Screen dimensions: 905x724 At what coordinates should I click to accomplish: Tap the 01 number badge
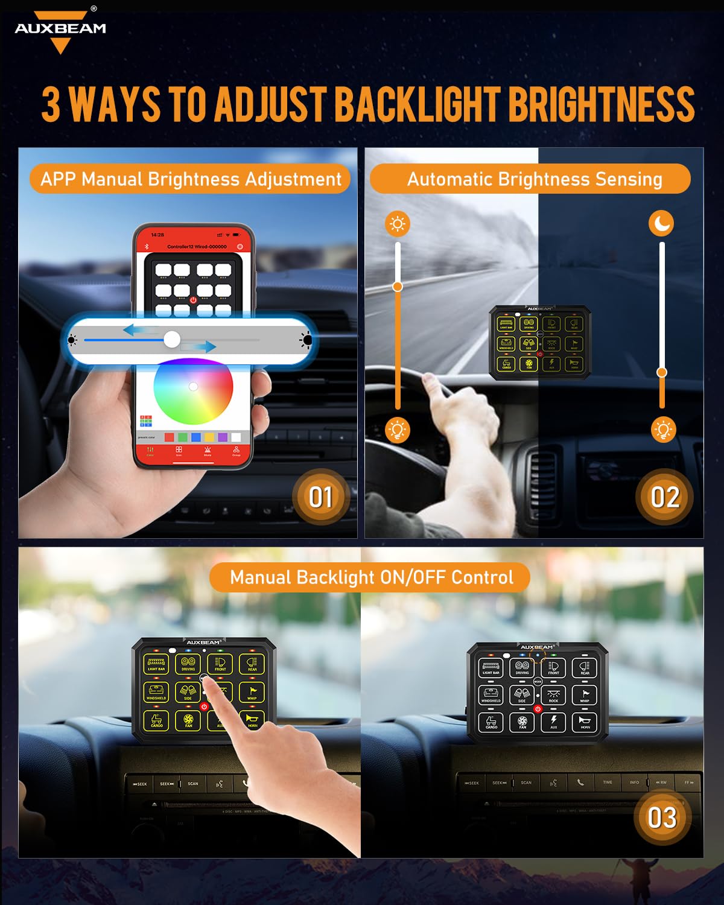(320, 497)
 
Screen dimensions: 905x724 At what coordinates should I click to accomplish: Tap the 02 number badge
(664, 497)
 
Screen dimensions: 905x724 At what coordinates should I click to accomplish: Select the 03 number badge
(662, 818)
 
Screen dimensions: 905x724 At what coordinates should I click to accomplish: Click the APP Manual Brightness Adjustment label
(191, 179)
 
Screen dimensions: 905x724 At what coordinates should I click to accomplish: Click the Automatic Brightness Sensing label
(534, 179)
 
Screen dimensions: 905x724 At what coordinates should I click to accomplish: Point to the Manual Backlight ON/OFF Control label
(371, 577)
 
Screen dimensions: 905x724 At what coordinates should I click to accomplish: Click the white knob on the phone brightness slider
(172, 339)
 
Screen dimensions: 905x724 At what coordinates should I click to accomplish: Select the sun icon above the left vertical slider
(397, 224)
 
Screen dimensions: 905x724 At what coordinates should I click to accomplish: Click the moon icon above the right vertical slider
(661, 224)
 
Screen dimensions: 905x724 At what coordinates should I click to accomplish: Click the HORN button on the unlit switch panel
(585, 722)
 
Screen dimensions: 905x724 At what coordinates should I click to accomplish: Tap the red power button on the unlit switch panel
(538, 710)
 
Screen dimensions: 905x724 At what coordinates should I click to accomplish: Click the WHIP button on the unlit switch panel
(585, 694)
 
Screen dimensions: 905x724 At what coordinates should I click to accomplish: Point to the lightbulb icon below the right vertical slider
(663, 430)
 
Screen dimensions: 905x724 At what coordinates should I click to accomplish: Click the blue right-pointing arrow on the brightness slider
(199, 346)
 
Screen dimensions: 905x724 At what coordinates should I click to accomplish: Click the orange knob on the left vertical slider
(397, 287)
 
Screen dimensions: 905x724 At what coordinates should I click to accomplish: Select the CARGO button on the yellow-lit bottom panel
(156, 720)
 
